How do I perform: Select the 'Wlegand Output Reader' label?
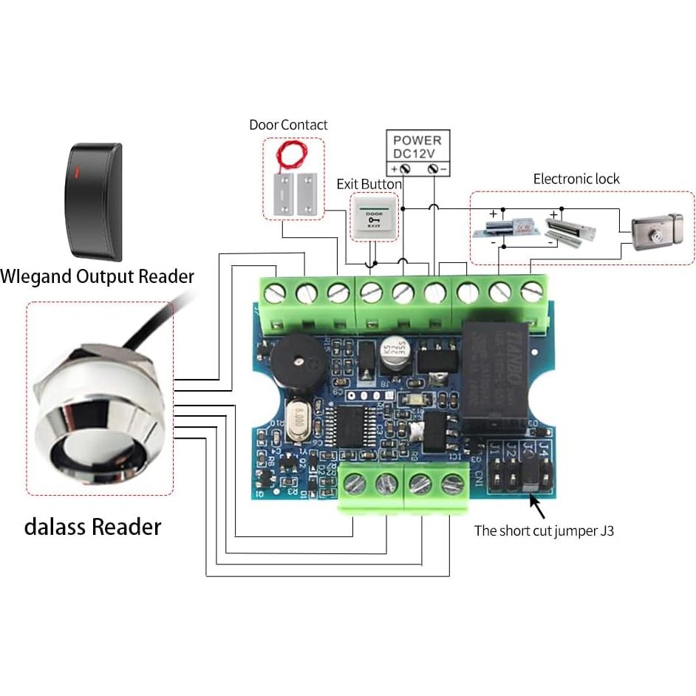tap(97, 277)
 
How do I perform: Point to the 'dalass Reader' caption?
tap(92, 527)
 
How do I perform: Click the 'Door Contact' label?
tap(288, 125)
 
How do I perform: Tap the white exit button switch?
tap(374, 216)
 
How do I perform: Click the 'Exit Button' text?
tap(369, 184)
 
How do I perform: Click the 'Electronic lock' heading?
tap(576, 179)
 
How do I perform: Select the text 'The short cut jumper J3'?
tap(544, 530)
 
